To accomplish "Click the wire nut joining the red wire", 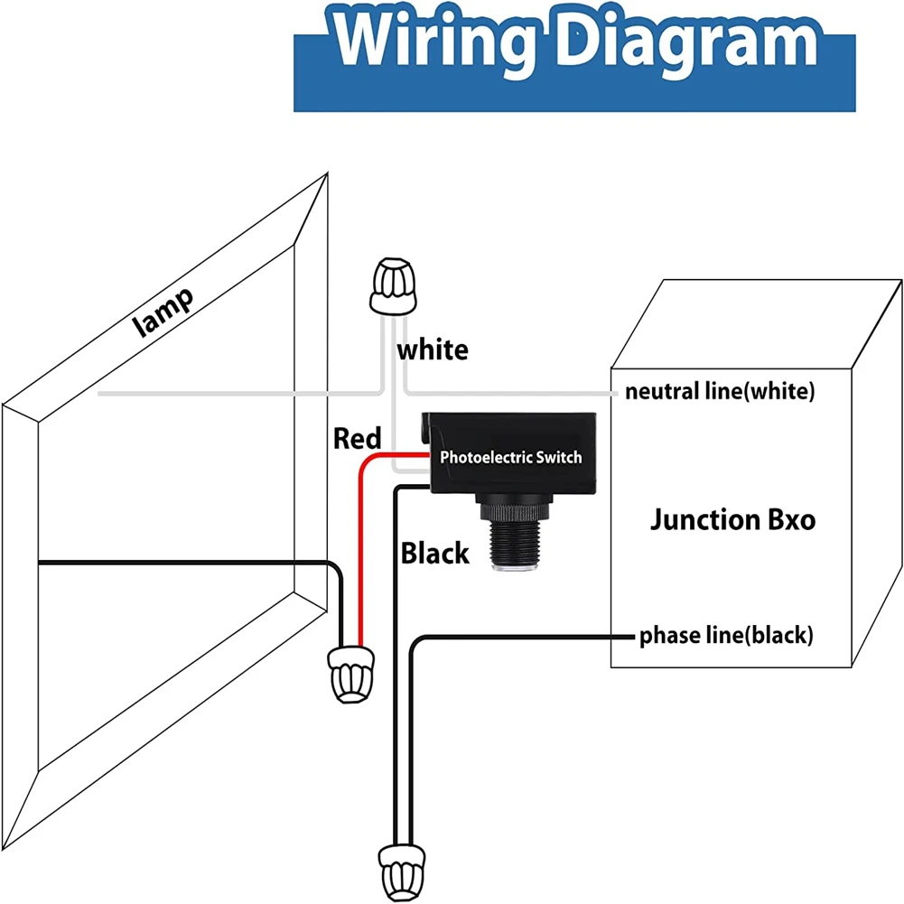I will click(x=350, y=672).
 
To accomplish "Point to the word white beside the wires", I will click(x=433, y=349).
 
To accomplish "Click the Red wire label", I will click(x=357, y=439).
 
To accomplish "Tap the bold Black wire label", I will click(x=435, y=553).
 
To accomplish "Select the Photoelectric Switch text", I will click(x=510, y=457).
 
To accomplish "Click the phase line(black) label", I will click(x=726, y=636).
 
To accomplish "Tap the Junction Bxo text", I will click(x=732, y=520).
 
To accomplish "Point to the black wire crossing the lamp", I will click(x=181, y=562).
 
